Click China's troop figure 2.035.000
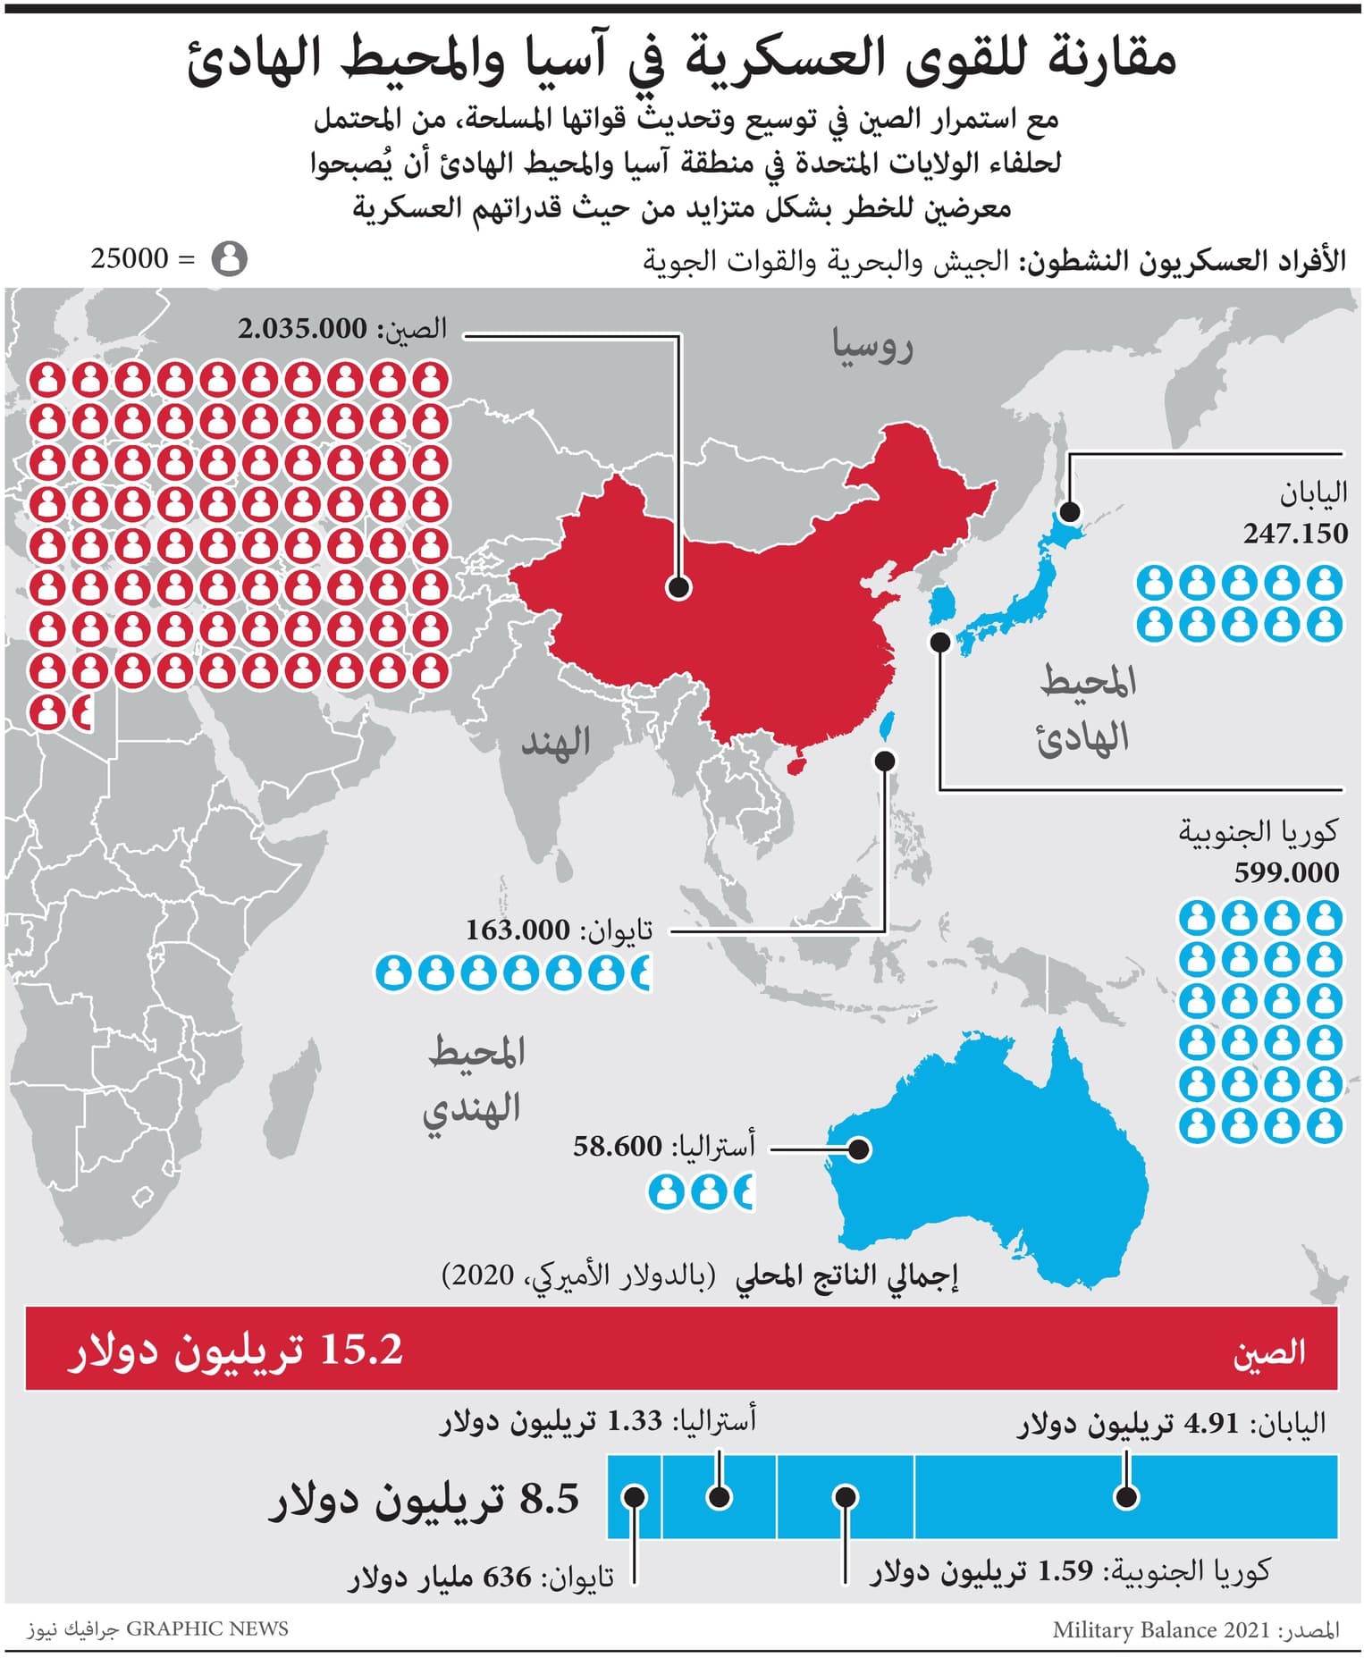pyautogui.click(x=302, y=329)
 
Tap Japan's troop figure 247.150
pyautogui.click(x=1295, y=534)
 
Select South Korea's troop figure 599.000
pyautogui.click(x=1286, y=872)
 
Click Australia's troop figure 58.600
pyautogui.click(x=618, y=1146)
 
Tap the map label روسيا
pyautogui.click(x=872, y=346)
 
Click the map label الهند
pyautogui.click(x=556, y=742)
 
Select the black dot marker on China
pyautogui.click(x=678, y=587)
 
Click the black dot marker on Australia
pyautogui.click(x=858, y=1149)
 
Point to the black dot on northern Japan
pyautogui.click(x=1069, y=512)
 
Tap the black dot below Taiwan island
pyautogui.click(x=885, y=761)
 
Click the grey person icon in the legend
pyautogui.click(x=229, y=259)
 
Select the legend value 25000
pyautogui.click(x=130, y=259)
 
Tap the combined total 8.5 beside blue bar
pyautogui.click(x=550, y=1499)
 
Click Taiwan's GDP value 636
pyautogui.click(x=508, y=1578)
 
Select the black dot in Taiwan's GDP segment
pyautogui.click(x=635, y=1497)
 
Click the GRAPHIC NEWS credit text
pyautogui.click(x=207, y=1629)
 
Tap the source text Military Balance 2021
pyautogui.click(x=1161, y=1629)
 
